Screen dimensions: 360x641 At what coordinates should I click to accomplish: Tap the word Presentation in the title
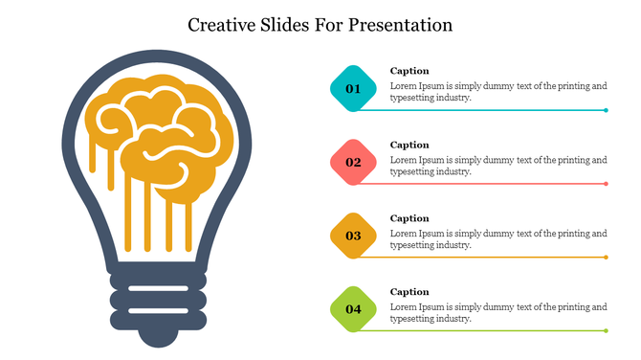point(402,24)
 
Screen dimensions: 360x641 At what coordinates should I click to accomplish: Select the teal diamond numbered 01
point(353,89)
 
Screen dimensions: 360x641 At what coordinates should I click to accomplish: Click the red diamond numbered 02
point(353,162)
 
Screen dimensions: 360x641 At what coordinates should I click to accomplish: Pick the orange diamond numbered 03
point(353,236)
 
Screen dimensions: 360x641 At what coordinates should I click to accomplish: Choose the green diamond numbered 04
point(353,309)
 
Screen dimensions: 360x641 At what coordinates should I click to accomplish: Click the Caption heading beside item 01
point(409,71)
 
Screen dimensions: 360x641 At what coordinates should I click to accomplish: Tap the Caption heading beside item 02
point(409,145)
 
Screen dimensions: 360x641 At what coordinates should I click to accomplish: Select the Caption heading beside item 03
point(409,218)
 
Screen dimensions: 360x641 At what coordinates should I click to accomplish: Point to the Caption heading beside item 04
point(409,292)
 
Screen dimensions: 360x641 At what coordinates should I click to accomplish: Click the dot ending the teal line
point(607,110)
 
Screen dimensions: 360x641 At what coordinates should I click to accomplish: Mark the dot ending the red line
point(607,184)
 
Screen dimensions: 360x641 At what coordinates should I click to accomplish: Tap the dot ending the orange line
point(607,258)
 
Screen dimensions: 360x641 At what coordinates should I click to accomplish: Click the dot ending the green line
point(607,330)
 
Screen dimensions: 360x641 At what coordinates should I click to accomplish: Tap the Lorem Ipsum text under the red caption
point(498,166)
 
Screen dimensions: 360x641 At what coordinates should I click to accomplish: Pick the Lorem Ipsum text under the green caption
point(498,313)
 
